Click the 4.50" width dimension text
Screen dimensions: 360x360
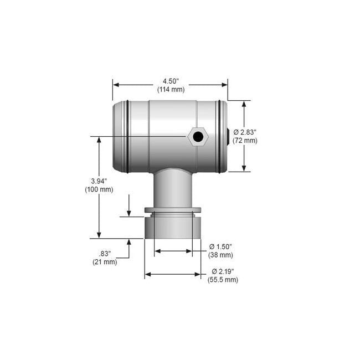tap(170, 81)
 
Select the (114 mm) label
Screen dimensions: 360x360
tap(170, 89)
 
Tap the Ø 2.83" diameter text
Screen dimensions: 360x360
tap(245, 132)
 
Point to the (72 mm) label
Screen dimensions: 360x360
tap(245, 140)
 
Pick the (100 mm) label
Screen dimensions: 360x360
tap(99, 189)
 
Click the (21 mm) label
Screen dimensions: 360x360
tap(105, 262)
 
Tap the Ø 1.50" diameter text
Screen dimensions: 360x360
tap(220, 246)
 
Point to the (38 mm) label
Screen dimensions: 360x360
tap(220, 255)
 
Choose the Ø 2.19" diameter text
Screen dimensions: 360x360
tap(223, 271)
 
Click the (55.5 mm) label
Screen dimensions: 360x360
tap(223, 280)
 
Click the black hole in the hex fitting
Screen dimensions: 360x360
tap(197, 136)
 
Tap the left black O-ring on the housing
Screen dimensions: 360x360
tap(127, 136)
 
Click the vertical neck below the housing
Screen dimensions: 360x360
tap(173, 188)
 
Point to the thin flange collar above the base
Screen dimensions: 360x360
tap(173, 209)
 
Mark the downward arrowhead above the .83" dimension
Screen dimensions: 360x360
tap(129, 213)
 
